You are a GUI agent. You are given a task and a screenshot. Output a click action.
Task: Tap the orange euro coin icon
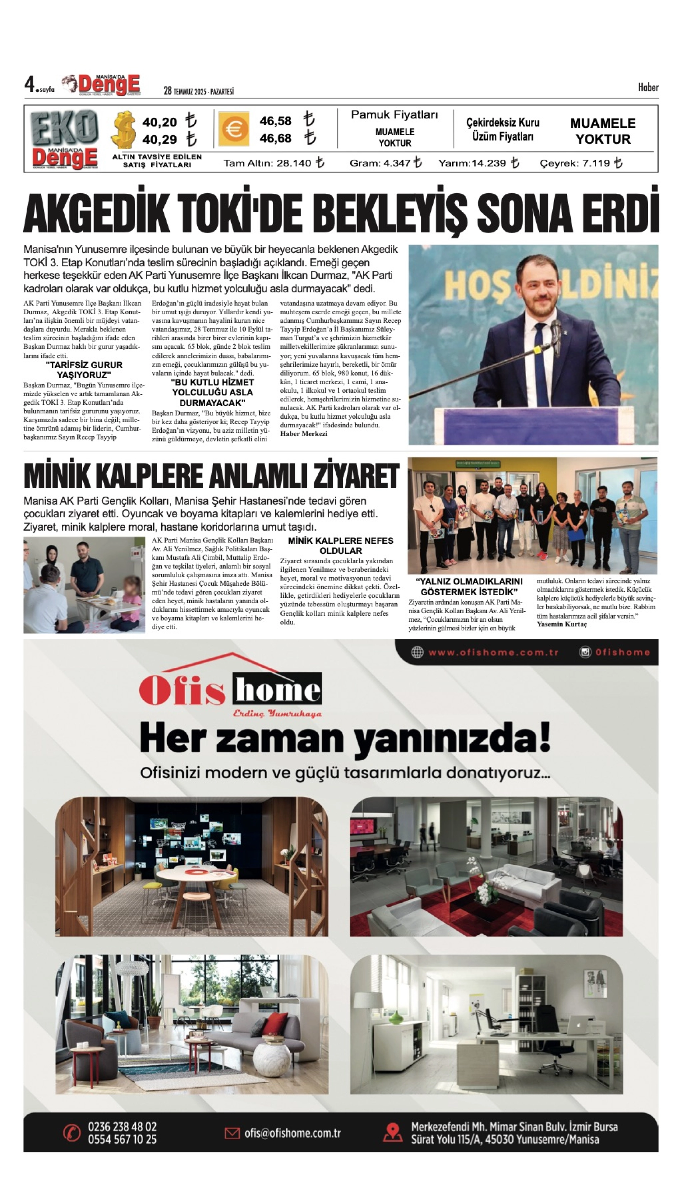coord(233,129)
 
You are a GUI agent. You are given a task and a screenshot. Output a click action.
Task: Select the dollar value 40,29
coord(159,140)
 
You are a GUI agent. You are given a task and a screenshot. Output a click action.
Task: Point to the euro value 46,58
coord(275,121)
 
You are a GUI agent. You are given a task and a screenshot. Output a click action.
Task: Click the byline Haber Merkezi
coord(304,434)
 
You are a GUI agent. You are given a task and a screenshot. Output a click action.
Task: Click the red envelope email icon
coord(232,1133)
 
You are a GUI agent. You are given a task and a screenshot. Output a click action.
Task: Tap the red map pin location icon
coord(393,1133)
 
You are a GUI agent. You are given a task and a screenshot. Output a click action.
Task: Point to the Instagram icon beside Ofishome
coord(585,652)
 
